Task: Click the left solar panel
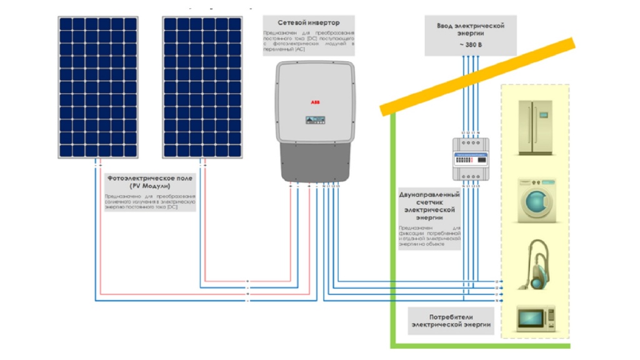click(98, 87)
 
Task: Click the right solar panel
click(202, 87)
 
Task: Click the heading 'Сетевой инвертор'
click(309, 23)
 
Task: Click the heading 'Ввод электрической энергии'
click(470, 30)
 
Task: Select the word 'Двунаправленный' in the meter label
click(429, 195)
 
